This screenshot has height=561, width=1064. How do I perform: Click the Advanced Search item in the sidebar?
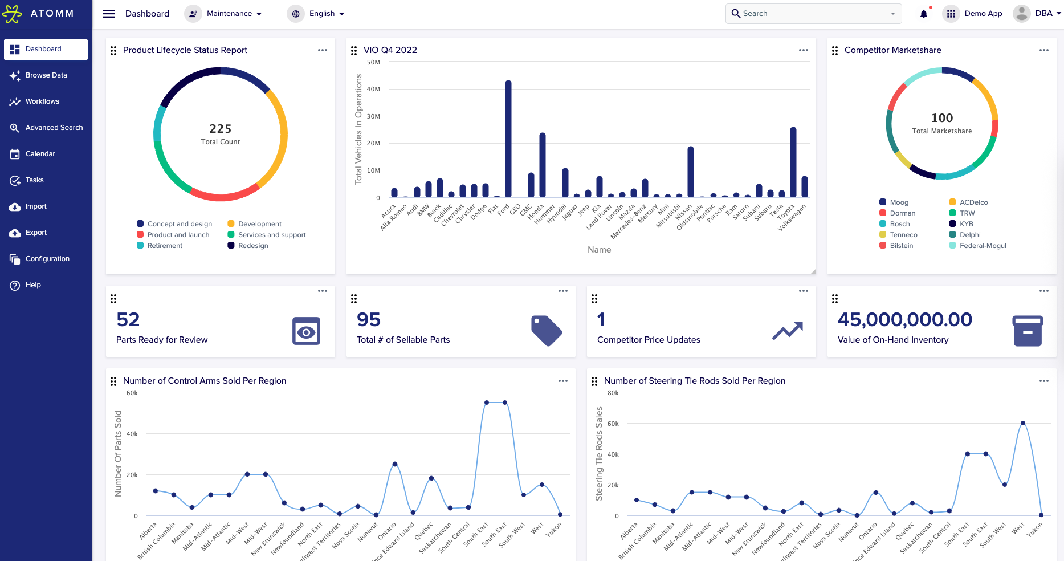54,128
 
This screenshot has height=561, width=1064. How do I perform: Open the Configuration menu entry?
47,259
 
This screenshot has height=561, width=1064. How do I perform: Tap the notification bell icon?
923,14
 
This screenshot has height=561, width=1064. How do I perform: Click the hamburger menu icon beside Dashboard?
109,14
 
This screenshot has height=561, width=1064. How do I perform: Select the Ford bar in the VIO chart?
508,140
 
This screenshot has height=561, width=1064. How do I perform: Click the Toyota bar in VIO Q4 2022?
793,162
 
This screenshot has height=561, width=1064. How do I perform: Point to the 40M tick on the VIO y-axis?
373,90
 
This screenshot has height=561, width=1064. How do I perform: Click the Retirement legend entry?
165,246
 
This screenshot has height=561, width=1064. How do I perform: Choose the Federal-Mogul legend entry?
983,246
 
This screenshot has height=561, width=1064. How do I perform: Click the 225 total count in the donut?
221,129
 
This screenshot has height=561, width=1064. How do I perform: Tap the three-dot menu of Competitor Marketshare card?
1043,50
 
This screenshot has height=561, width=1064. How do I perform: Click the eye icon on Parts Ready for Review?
306,331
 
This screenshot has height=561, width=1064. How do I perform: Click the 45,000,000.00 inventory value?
904,320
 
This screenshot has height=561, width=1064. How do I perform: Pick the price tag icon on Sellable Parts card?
546,331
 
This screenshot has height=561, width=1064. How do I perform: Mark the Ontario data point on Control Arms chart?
395,464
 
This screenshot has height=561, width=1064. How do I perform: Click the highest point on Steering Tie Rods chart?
1023,423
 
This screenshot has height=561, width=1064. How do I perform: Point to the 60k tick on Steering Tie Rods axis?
613,424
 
